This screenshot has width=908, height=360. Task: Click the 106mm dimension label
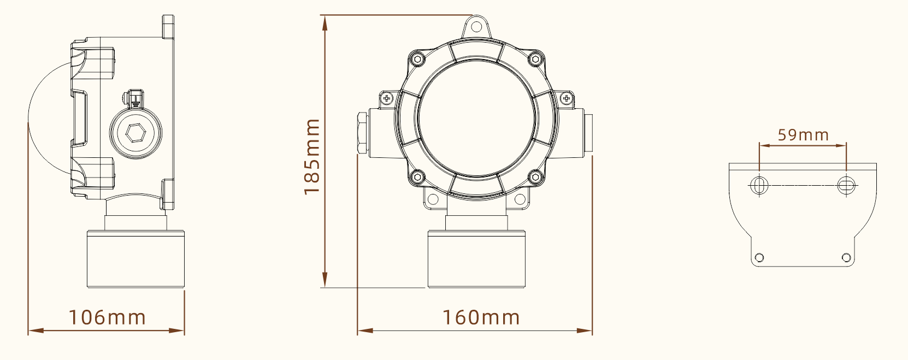(107, 317)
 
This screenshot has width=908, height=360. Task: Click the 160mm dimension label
(481, 317)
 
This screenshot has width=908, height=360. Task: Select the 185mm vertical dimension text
(312, 157)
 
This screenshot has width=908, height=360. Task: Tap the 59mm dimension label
(803, 135)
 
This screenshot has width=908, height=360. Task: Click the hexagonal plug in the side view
(135, 132)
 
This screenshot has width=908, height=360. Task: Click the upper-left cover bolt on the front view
(418, 58)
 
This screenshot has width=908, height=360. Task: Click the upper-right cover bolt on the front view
(535, 58)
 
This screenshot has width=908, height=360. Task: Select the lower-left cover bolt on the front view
(417, 176)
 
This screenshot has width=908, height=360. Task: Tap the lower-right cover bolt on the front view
(535, 176)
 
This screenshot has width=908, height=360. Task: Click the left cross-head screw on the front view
(387, 99)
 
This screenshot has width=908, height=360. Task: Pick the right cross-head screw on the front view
(566, 99)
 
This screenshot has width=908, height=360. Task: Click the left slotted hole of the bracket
(759, 185)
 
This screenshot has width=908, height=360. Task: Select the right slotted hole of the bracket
(846, 185)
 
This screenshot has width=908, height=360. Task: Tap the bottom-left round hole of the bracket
(759, 257)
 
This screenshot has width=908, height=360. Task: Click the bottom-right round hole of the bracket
(846, 257)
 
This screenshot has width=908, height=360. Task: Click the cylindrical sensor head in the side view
(135, 259)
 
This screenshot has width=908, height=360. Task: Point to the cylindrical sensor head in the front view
(476, 259)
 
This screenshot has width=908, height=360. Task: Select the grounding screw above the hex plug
(133, 98)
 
